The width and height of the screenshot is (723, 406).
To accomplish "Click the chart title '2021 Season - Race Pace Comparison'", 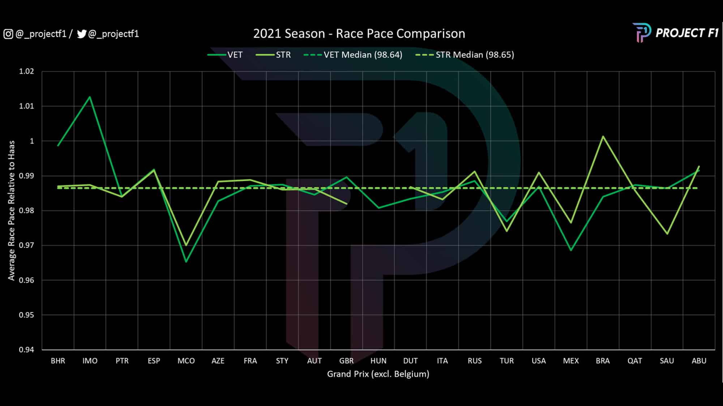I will click(359, 34).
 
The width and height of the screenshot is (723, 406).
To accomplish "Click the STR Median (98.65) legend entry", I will click(465, 55).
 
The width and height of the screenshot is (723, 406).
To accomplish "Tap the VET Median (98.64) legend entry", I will click(353, 55).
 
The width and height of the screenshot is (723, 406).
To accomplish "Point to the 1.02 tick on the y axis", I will click(26, 71).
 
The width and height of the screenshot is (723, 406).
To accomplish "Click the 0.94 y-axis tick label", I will click(26, 350).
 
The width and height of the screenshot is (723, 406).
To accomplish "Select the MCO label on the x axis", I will click(186, 361).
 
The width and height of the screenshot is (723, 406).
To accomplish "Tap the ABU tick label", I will click(699, 361).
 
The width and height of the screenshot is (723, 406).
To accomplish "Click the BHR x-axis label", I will click(58, 361).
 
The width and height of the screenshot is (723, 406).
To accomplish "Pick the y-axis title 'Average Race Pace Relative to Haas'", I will click(12, 210).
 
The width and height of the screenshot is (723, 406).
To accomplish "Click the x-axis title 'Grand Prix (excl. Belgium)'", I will click(378, 374).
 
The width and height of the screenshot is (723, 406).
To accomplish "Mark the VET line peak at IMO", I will click(90, 97).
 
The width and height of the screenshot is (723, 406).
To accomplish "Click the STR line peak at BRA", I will click(603, 136).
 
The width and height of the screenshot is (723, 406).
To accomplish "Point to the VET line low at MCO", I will click(186, 262).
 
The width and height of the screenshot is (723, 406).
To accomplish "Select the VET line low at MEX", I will click(571, 250).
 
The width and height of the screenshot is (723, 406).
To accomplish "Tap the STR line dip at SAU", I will click(667, 234).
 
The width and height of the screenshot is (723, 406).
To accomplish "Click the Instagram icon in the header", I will click(8, 34).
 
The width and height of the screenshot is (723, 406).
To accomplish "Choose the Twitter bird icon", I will click(82, 34).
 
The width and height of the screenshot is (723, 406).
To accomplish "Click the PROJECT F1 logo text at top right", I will click(687, 33).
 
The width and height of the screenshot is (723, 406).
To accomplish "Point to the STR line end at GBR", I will click(347, 204).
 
